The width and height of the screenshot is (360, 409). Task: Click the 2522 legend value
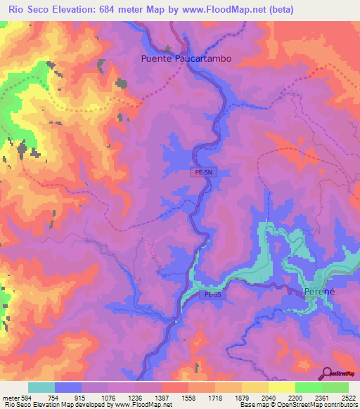[x=347, y=397]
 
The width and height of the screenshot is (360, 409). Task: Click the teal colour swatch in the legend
[x=41, y=387]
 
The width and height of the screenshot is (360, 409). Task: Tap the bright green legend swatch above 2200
[x=308, y=387]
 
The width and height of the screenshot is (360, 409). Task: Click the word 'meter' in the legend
[x=9, y=397]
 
